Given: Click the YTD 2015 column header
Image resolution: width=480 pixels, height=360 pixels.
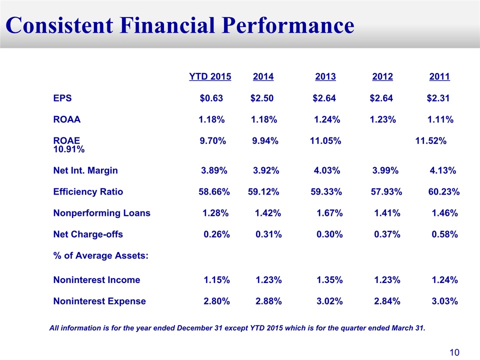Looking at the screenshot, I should [210, 77].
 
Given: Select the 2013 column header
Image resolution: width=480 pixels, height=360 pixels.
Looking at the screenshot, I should [325, 77].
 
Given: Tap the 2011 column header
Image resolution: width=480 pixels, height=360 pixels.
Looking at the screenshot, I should [439, 77].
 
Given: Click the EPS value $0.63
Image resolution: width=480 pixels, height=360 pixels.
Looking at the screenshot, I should [211, 98].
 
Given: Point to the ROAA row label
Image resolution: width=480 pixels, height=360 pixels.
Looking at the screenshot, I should [66, 119].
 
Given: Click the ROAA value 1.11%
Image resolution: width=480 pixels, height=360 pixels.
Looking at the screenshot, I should [439, 119].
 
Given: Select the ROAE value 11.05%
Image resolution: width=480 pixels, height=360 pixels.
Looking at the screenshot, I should [325, 141].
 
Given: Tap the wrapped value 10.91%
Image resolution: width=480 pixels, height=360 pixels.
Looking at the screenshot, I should [68, 149].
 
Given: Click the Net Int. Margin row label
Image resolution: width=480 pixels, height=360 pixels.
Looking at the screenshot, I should [85, 170].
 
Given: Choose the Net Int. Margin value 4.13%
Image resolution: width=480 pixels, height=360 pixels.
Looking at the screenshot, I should [442, 170].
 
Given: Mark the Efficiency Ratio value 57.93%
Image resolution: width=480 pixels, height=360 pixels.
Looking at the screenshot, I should [386, 192].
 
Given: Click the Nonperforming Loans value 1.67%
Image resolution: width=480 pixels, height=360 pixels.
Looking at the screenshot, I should [329, 213].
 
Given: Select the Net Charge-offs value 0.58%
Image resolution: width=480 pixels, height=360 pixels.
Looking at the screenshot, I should [444, 234].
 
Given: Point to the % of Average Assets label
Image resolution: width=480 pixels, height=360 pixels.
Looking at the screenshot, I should [100, 256].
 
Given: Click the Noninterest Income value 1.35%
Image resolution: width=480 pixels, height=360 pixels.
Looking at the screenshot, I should [329, 280].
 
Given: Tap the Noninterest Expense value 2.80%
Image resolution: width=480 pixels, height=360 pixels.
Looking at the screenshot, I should [216, 301].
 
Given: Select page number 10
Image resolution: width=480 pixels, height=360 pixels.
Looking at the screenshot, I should [454, 352].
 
